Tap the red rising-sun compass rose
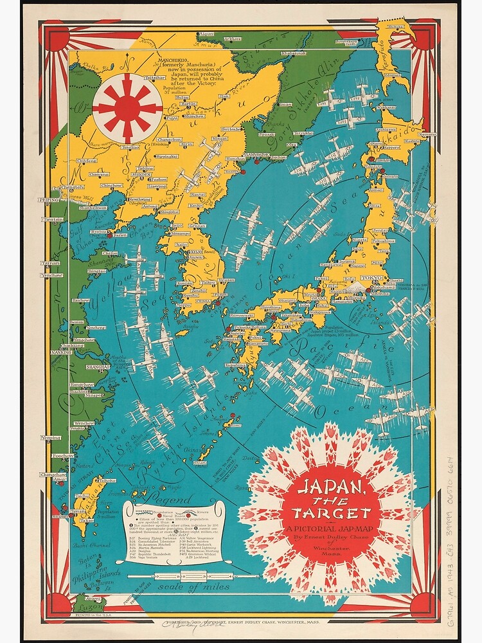127,108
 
